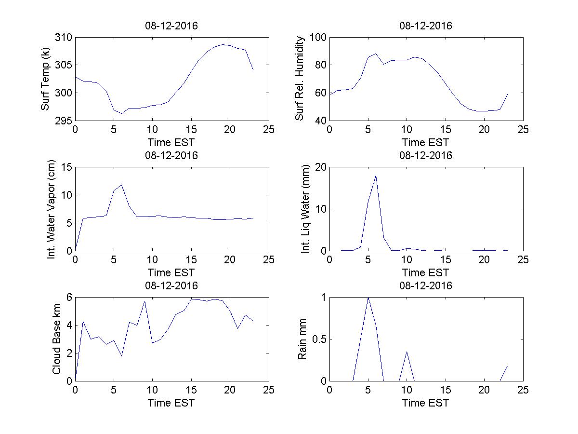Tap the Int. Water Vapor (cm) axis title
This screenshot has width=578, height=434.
click(x=52, y=209)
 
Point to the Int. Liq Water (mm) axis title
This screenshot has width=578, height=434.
click(x=306, y=209)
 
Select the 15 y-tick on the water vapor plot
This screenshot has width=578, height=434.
click(x=66, y=167)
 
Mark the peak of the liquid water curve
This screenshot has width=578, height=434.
click(x=376, y=175)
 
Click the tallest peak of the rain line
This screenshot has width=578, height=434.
click(x=368, y=298)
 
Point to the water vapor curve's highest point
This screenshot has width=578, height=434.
click(x=121, y=185)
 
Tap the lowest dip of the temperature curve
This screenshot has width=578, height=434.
click(x=121, y=113)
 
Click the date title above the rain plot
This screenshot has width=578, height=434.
click(x=426, y=285)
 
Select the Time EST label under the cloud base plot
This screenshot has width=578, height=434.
click(x=171, y=403)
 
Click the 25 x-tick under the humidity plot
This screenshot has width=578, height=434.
click(x=523, y=130)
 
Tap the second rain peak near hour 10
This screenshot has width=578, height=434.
click(x=407, y=352)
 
